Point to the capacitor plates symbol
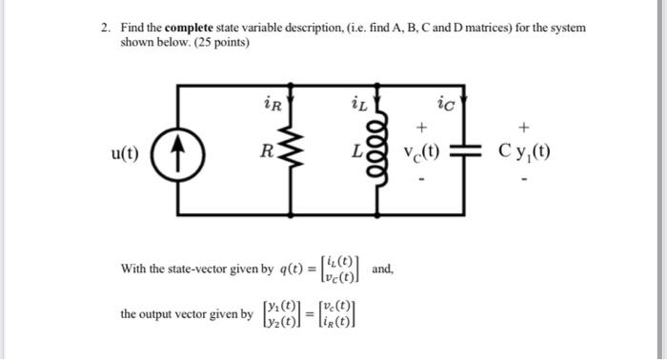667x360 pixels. [464, 152]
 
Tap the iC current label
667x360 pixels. [444, 101]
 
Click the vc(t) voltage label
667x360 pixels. [421, 152]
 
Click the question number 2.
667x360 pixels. [105, 29]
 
